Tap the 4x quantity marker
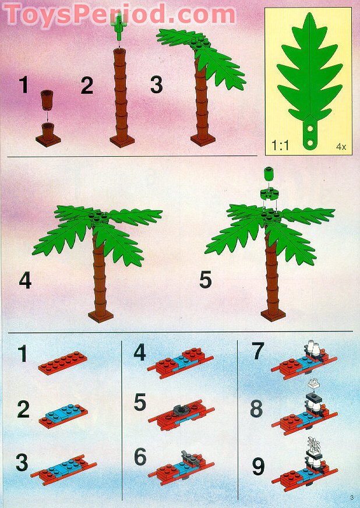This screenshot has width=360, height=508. pyautogui.click(x=341, y=146)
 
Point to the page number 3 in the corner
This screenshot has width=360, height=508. pyautogui.click(x=352, y=496)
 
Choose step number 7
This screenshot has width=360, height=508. pyautogui.click(x=256, y=352)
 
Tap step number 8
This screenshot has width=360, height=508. pyautogui.click(x=256, y=409)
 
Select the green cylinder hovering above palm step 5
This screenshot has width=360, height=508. pyautogui.click(x=269, y=174)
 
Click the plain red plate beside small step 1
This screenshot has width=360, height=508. pyautogui.click(x=63, y=361)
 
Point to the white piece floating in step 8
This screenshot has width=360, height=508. pyautogui.click(x=315, y=384)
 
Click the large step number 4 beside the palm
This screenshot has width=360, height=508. pyautogui.click(x=25, y=280)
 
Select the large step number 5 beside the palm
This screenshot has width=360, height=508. pyautogui.click(x=205, y=280)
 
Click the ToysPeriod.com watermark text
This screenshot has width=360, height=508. pyautogui.click(x=119, y=13)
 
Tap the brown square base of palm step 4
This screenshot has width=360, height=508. pyautogui.click(x=100, y=316)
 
